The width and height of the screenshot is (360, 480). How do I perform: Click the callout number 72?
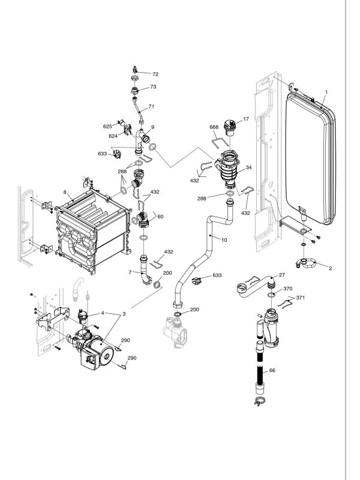pyautogui.click(x=155, y=74)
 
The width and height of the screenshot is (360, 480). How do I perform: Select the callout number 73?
pyautogui.click(x=154, y=87)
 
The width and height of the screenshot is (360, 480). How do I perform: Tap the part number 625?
pyautogui.click(x=107, y=127)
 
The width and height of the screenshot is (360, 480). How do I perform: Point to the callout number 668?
pyautogui.click(x=214, y=127)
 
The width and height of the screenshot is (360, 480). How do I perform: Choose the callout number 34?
pyautogui.click(x=248, y=167)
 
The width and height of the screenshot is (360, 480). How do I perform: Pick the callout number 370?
pyautogui.click(x=288, y=289)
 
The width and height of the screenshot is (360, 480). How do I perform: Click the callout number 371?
pyautogui.click(x=301, y=298)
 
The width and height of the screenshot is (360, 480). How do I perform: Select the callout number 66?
pyautogui.click(x=272, y=371)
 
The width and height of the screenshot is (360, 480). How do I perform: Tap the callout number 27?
pyautogui.click(x=281, y=275)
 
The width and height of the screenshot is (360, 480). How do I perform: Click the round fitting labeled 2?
pyautogui.click(x=305, y=262)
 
